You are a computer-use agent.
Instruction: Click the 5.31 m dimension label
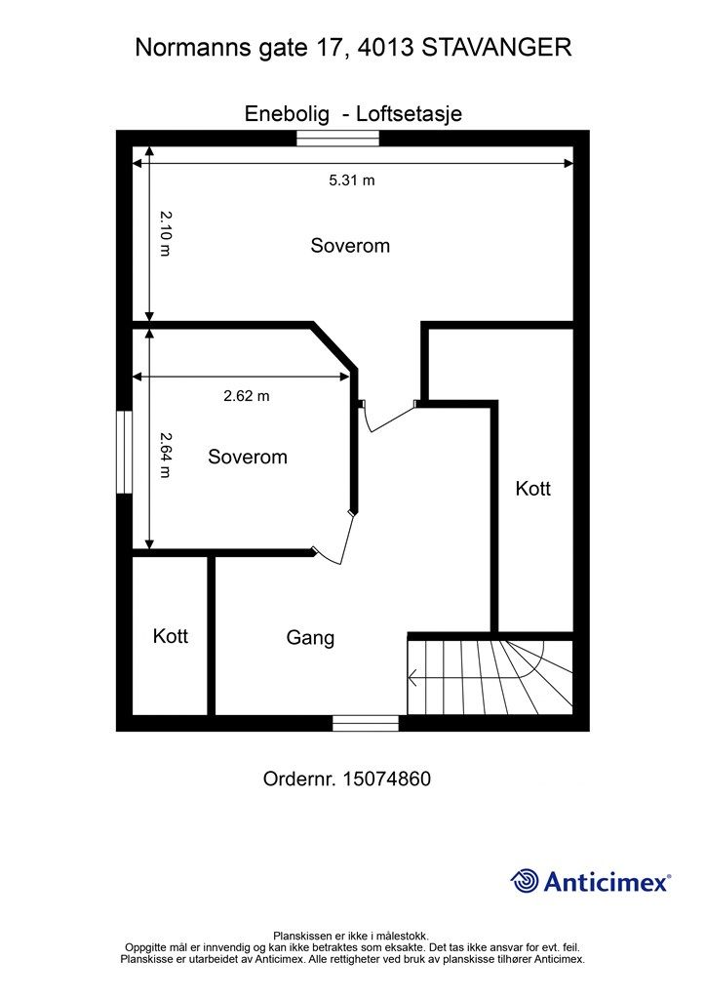pyautogui.click(x=351, y=180)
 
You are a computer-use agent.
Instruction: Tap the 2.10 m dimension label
pyautogui.click(x=165, y=233)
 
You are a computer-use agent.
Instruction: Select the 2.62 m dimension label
pyautogui.click(x=247, y=396)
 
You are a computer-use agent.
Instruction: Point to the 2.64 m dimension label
pyautogui.click(x=165, y=455)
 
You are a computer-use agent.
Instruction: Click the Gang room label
pyautogui.click(x=310, y=638)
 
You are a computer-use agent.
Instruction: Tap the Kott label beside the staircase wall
pyautogui.click(x=532, y=489)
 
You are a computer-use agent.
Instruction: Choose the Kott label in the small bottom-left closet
pyautogui.click(x=170, y=636)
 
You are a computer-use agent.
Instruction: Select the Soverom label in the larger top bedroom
pyautogui.click(x=350, y=245)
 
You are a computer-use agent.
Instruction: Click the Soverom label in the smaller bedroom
pyautogui.click(x=248, y=457)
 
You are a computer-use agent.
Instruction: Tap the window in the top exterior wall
pyautogui.click(x=338, y=139)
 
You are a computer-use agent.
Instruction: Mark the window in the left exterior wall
pyautogui.click(x=124, y=453)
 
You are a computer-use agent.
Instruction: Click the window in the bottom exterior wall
pyautogui.click(x=366, y=723)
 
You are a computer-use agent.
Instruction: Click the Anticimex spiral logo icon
pyautogui.click(x=526, y=881)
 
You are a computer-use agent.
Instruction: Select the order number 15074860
pyautogui.click(x=386, y=779)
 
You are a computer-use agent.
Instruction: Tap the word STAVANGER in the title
pyautogui.click(x=496, y=48)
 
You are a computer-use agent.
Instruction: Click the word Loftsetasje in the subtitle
pyautogui.click(x=409, y=114)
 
